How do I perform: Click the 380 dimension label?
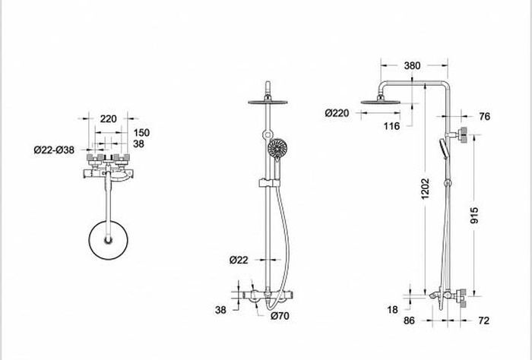412,65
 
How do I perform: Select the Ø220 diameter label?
337,113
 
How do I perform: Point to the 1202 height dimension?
425,188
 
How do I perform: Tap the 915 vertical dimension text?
474,216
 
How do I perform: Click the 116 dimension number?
391,126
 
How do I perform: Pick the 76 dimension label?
485,116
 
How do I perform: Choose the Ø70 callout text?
280,316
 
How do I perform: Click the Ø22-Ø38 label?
54,150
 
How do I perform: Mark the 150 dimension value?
141,133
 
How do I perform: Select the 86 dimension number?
409,321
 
